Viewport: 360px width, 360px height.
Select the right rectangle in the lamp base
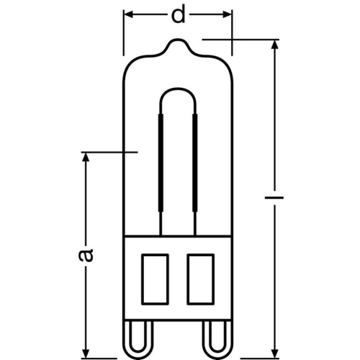pos(199,277)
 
